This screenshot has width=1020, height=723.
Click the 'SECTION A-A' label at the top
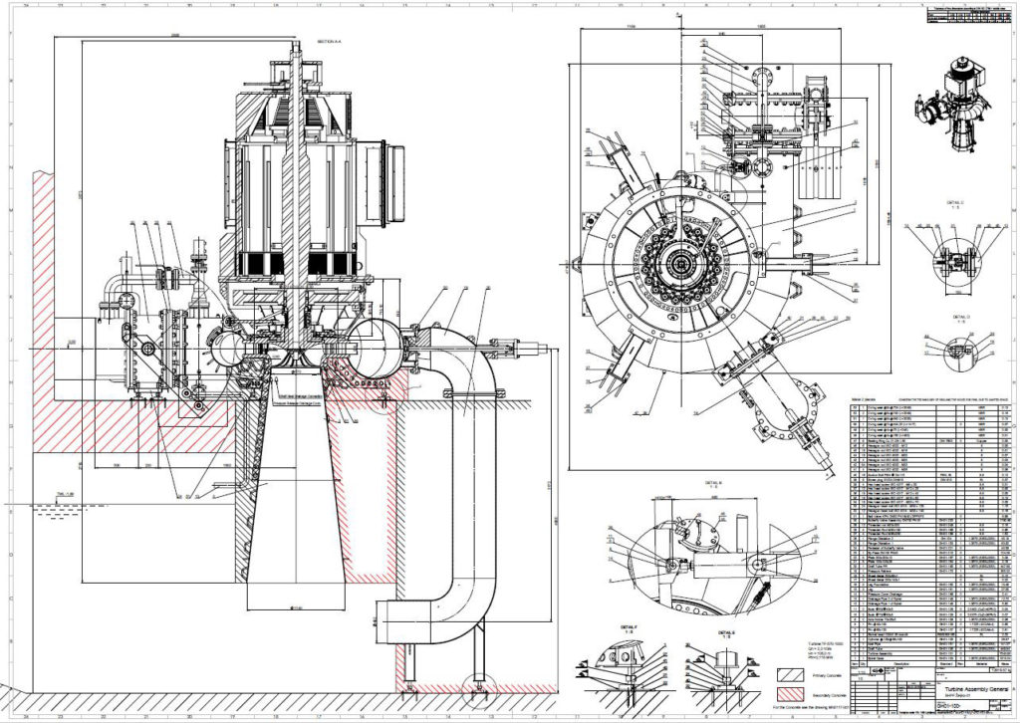tap(329, 43)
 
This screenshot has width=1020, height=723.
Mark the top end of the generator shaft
tap(297, 45)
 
